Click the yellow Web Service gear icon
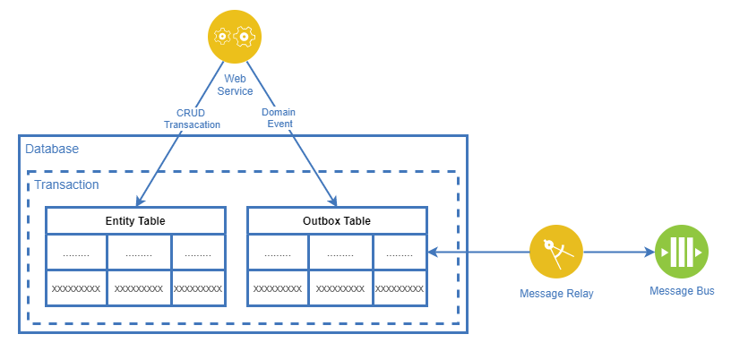click(x=234, y=37)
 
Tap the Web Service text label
click(x=237, y=85)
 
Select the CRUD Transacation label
click(x=192, y=119)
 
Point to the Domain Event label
click(x=279, y=119)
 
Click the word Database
click(x=52, y=149)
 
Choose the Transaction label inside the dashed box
click(x=66, y=184)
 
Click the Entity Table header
click(x=134, y=221)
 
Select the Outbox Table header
click(x=336, y=221)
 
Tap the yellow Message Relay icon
click(x=555, y=253)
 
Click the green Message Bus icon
click(x=682, y=253)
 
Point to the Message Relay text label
click(x=556, y=294)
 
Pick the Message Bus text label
click(x=682, y=291)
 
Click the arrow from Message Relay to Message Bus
click(x=618, y=253)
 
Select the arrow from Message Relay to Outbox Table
click(x=479, y=253)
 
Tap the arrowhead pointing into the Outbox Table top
click(x=333, y=201)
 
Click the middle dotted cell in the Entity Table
click(x=139, y=253)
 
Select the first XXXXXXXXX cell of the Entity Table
click(x=76, y=288)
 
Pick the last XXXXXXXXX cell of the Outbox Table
click(x=399, y=288)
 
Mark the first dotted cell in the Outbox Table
click(x=278, y=253)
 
